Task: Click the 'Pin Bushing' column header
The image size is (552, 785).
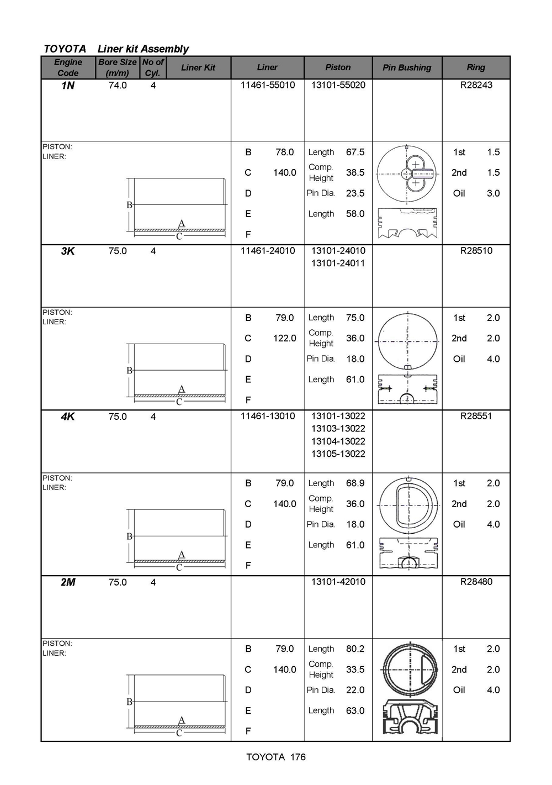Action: pos(407,67)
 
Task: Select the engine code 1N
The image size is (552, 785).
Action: pos(67,86)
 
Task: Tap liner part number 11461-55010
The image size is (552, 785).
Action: pos(268,85)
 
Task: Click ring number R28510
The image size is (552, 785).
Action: pos(476,251)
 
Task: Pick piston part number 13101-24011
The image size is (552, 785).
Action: pos(338,263)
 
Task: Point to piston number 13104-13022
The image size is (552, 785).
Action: pos(338,441)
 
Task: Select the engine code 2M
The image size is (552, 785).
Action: pos(67,582)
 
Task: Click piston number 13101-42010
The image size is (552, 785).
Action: pos(338,582)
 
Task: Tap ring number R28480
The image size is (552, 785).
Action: pos(476,582)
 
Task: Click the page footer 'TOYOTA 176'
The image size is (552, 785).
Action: pos(276,757)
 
